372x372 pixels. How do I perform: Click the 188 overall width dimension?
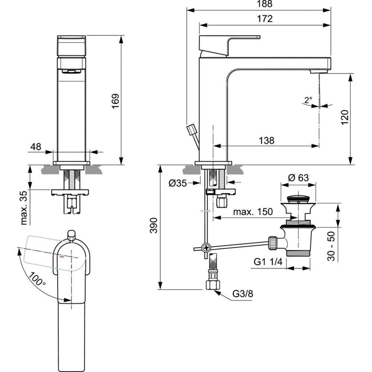click(x=264, y=4)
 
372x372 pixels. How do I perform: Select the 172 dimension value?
click(x=264, y=18)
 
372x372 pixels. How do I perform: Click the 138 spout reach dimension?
click(x=266, y=141)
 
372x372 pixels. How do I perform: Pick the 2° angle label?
click(x=308, y=100)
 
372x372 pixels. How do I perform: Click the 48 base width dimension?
click(x=36, y=147)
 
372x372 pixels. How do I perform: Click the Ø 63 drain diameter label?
click(x=298, y=178)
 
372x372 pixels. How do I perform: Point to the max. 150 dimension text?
click(x=253, y=212)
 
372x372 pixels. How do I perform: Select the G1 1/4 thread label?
click(x=269, y=262)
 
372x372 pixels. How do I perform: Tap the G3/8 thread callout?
click(x=243, y=294)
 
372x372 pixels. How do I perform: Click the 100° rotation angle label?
click(x=38, y=279)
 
